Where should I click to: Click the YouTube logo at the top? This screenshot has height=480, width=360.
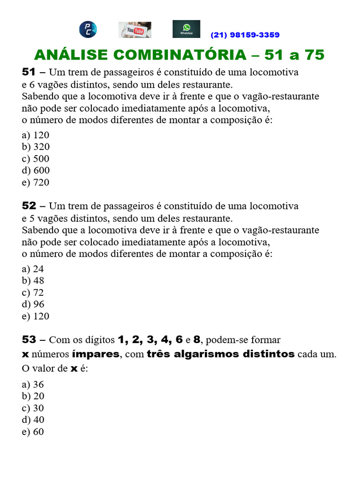[x=135, y=30]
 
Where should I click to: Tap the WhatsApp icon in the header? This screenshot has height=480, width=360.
[x=186, y=29]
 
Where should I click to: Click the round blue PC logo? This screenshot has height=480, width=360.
[x=88, y=30]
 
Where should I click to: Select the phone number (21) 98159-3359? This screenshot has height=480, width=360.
[x=245, y=35]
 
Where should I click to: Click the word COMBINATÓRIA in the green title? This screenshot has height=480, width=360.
[x=179, y=55]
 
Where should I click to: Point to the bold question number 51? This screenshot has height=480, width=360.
[x=29, y=72]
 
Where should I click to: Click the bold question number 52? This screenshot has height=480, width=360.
[x=29, y=206]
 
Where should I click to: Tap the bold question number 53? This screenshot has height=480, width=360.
[x=29, y=339]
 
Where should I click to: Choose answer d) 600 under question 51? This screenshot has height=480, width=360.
[x=36, y=171]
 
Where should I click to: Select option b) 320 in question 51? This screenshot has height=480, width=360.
[x=36, y=147]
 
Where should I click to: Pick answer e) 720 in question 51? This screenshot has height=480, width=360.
[x=36, y=182]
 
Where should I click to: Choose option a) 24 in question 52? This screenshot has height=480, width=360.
[x=33, y=269]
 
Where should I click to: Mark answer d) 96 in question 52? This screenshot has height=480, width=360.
[x=33, y=304]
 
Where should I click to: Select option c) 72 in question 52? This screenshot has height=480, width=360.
[x=33, y=292]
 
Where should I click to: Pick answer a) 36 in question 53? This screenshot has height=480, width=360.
[x=33, y=384]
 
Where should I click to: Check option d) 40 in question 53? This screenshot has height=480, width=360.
[x=33, y=420]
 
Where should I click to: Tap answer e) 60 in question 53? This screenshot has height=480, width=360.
[x=33, y=432]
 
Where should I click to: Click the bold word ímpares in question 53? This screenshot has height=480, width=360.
[x=96, y=354]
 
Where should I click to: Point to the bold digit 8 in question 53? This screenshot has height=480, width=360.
[x=196, y=339]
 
